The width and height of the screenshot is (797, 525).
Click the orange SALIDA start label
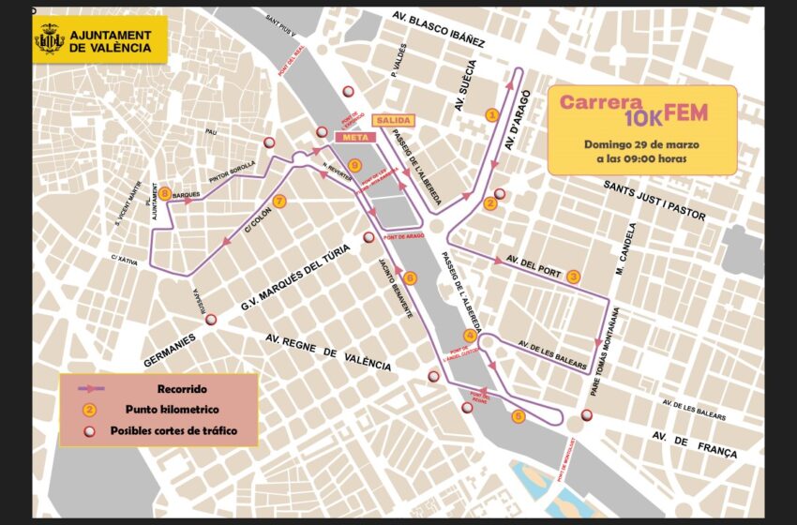click(393, 121)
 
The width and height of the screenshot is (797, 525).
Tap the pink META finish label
click(354, 137)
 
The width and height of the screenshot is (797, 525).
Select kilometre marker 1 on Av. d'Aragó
click(490, 114)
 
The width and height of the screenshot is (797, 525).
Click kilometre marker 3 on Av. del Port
click(574, 276)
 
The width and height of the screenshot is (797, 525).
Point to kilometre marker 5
click(518, 417)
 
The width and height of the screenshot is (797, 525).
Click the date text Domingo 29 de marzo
click(641, 144)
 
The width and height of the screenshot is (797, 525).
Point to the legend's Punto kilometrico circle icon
click(89, 410)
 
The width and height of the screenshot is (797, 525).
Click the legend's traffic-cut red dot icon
click(89, 431)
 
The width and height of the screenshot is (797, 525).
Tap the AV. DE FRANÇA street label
click(695, 444)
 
